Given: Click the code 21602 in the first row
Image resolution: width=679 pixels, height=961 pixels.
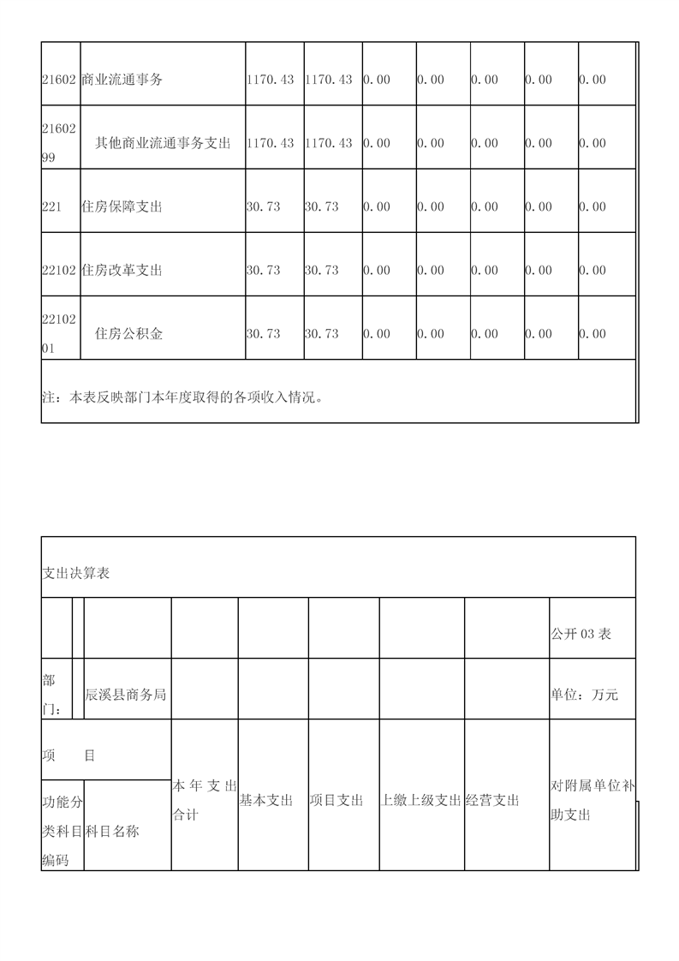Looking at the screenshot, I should [60, 80].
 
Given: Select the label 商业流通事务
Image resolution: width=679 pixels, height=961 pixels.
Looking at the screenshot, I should [122, 80].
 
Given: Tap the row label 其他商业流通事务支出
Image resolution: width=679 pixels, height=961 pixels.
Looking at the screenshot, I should [163, 143].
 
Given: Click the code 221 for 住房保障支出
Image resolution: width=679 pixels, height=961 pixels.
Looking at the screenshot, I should [51, 206].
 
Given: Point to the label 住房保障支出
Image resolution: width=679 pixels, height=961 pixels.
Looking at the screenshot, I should [122, 206].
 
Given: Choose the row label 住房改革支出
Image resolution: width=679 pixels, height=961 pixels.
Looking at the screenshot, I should [122, 270].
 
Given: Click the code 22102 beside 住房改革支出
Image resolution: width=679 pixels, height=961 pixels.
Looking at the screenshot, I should [60, 270].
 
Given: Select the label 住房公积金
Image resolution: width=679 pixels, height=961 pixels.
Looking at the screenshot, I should [128, 333].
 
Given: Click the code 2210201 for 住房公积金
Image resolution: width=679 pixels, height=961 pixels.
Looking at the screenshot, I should [60, 333].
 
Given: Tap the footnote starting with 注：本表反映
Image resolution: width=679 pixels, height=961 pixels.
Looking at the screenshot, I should [184, 397].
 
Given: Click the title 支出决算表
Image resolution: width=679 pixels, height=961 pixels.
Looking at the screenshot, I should [76, 573].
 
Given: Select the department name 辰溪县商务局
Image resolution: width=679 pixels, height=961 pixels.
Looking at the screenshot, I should [126, 695].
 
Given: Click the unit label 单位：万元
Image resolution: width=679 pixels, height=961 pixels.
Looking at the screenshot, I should [584, 695].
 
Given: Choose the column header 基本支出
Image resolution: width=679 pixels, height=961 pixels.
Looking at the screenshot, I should [266, 800].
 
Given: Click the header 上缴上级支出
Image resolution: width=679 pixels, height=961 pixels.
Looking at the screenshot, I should [421, 800].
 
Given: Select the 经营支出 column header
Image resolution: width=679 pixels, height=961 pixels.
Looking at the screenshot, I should [493, 800].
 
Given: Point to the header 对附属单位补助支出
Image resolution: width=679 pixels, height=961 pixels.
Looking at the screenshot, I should [592, 800].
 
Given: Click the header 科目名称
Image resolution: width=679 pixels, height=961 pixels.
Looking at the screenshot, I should [112, 831].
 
